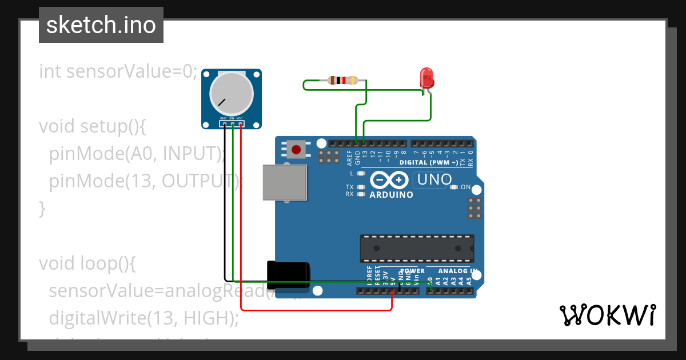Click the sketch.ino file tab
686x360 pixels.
(x=101, y=25)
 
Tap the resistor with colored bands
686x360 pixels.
(x=342, y=81)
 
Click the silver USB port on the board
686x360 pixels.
(x=285, y=182)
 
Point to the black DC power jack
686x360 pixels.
(x=289, y=274)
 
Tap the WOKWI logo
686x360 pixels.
(x=607, y=315)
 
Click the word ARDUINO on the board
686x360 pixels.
(x=391, y=195)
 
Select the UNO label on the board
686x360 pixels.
(x=434, y=179)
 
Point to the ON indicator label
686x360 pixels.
(x=465, y=187)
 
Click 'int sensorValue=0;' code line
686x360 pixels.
(x=118, y=72)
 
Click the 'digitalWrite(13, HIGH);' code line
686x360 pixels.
(x=143, y=317)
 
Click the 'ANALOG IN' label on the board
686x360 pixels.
(x=457, y=271)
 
